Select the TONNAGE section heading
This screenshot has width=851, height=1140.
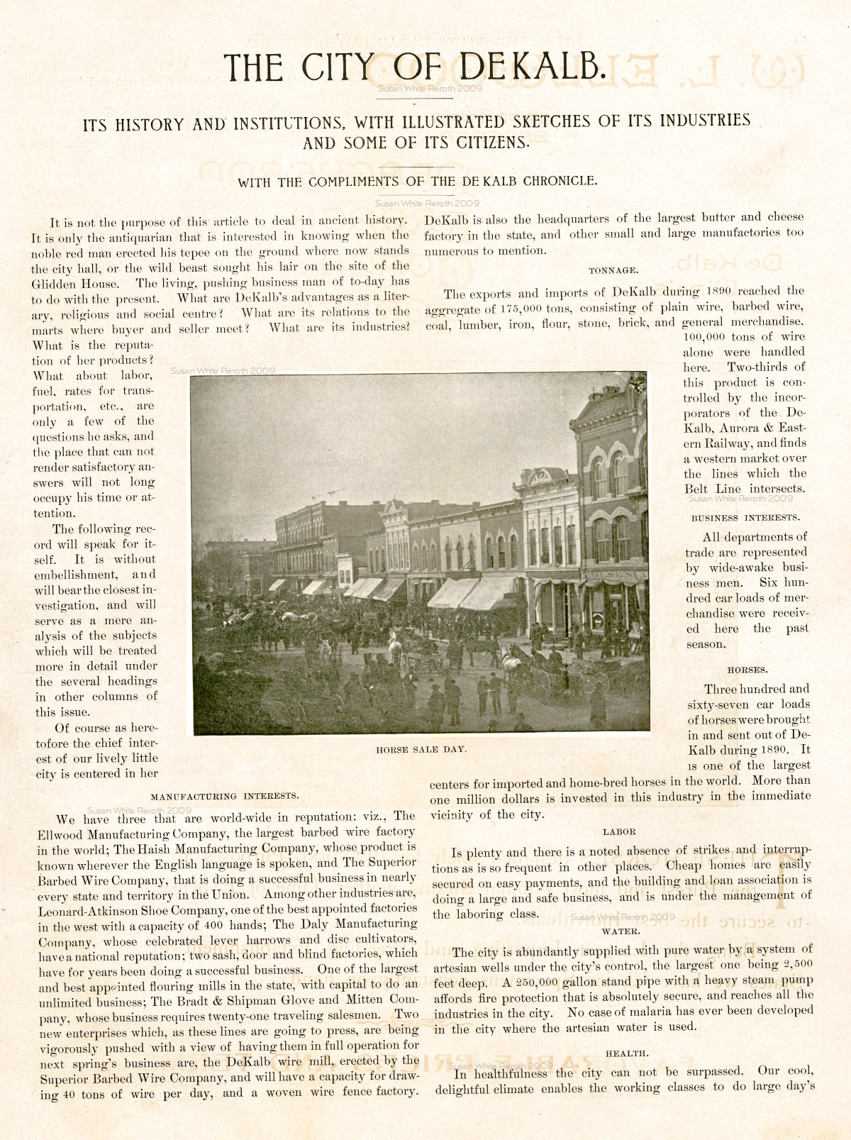click(x=613, y=270)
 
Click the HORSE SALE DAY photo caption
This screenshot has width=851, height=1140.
click(x=421, y=749)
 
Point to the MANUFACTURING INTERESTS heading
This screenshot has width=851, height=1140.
click(x=225, y=796)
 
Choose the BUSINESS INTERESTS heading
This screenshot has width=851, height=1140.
click(x=745, y=518)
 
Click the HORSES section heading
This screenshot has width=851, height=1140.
click(x=747, y=670)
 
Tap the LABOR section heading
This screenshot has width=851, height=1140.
click(x=619, y=831)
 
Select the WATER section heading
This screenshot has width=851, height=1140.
click(x=621, y=931)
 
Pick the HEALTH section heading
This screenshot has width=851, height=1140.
click(x=627, y=1054)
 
